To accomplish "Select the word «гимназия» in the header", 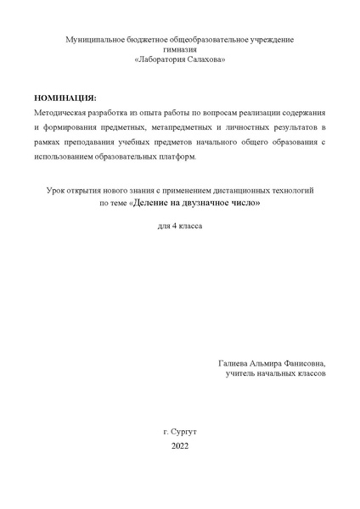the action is (x=180, y=49).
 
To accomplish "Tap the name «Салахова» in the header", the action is (x=205, y=59).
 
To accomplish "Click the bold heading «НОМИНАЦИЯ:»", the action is (x=66, y=98).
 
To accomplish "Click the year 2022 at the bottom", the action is (x=179, y=446).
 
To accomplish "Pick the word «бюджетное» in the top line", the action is (x=140, y=40).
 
